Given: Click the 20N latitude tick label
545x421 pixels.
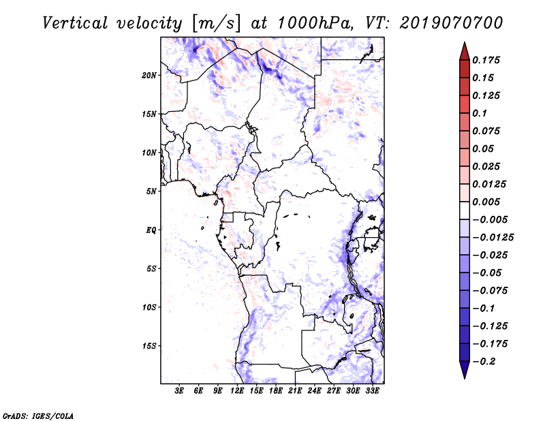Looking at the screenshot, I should (150, 75).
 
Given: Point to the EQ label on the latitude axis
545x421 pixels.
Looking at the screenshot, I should (151, 230).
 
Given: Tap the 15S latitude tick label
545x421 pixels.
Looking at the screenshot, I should (150, 345).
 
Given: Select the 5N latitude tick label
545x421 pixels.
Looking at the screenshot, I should (151, 191).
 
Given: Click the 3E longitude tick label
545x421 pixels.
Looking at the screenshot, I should (179, 391).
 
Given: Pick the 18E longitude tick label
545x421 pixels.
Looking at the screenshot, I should (276, 391).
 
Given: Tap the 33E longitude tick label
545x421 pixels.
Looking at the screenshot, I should (373, 391).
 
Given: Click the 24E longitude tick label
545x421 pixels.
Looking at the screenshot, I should (315, 391).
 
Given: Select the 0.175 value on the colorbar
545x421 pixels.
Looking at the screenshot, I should (487, 60).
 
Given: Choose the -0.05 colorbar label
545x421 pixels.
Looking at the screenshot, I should (489, 272).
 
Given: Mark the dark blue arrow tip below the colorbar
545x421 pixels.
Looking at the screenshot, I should (463, 374).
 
